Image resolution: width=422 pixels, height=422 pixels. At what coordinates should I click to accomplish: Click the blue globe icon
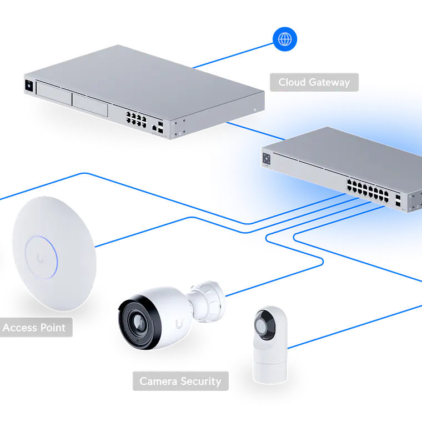[x=285, y=39]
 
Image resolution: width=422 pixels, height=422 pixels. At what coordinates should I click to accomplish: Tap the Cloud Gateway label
[x=314, y=82]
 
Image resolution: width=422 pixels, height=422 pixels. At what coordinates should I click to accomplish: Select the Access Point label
[x=34, y=328]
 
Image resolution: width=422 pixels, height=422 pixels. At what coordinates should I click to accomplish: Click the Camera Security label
[x=179, y=381]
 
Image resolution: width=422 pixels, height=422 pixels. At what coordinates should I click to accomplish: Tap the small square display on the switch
[x=267, y=159]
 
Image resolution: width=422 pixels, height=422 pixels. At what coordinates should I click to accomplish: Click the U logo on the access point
[x=43, y=256]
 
